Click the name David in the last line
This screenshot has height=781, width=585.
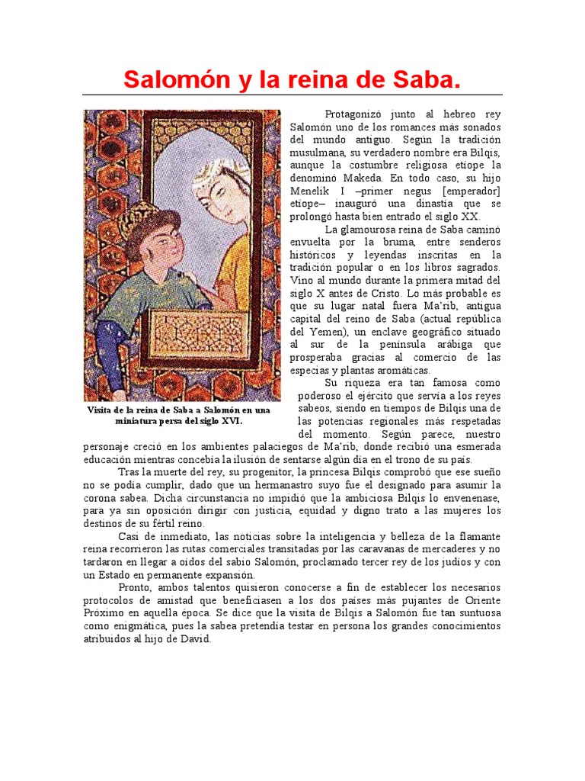195,639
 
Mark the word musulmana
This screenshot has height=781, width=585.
321,153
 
